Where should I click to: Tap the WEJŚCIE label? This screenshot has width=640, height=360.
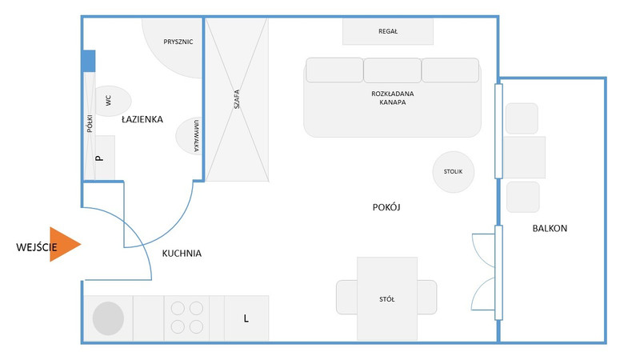click(x=37, y=247)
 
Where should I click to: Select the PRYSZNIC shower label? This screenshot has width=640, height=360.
click(x=178, y=42)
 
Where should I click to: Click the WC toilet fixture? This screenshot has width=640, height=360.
click(x=112, y=101)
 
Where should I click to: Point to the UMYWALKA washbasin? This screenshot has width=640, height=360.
click(x=189, y=136)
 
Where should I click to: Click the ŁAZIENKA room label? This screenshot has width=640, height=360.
click(x=142, y=119)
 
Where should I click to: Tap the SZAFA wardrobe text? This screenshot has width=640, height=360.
click(x=236, y=99)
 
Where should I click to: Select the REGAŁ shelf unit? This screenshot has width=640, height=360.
click(x=388, y=31)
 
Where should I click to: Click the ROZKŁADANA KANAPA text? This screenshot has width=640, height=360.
click(x=392, y=98)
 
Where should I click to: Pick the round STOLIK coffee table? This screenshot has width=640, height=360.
click(x=453, y=172)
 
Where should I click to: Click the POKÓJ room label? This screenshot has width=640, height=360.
click(x=386, y=207)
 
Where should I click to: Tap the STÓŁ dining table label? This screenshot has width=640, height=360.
click(x=387, y=299)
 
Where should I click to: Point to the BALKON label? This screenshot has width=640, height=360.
click(x=550, y=229)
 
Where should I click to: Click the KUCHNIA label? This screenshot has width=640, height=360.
click(x=182, y=254)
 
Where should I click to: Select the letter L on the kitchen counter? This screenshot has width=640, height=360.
click(x=246, y=318)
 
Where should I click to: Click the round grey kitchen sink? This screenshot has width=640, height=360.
click(x=108, y=318)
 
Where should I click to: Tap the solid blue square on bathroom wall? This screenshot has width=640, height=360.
click(x=89, y=62)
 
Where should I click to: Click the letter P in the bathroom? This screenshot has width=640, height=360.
click(x=98, y=158)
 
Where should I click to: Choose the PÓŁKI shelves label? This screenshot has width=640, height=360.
click(x=90, y=124)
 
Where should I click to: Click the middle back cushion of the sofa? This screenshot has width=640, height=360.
click(x=392, y=70)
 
